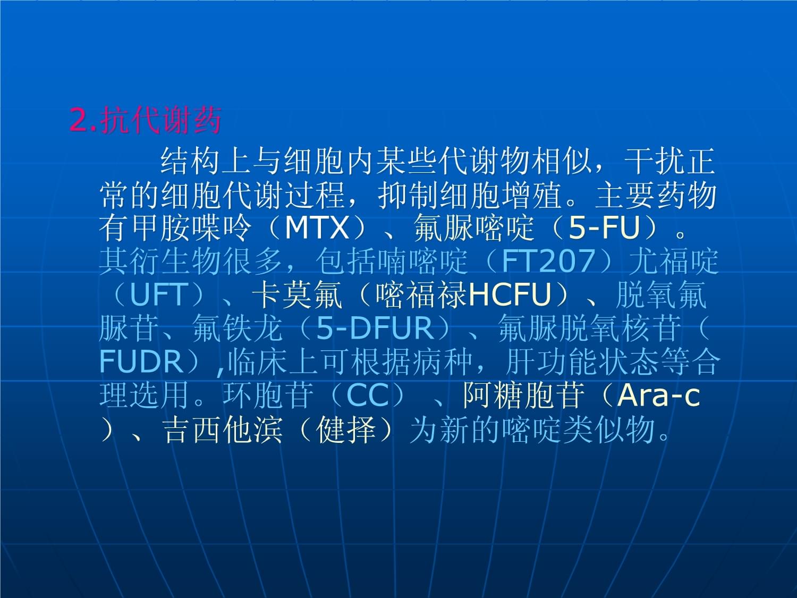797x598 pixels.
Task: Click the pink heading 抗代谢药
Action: coord(160,120)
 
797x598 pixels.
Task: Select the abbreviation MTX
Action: coord(317,228)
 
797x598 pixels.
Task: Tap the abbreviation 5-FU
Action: coord(604,228)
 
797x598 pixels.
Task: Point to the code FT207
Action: coord(548,260)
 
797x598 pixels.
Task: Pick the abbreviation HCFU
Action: coord(510,294)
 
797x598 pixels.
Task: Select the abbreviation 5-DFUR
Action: coord(375,328)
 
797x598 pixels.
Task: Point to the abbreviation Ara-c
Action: coord(658,395)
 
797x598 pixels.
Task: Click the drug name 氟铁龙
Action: coord(238,328)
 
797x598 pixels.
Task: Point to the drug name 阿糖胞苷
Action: coord(523,395)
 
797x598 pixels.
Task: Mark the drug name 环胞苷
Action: coord(268,395)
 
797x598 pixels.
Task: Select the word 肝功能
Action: coord(549,361)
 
